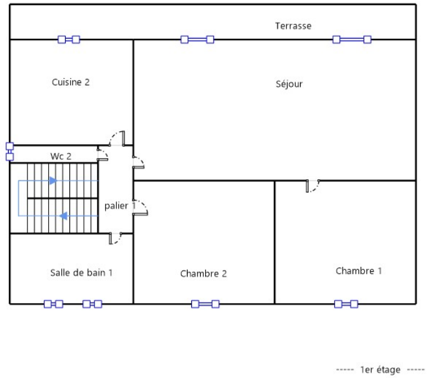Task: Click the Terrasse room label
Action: point(293,26)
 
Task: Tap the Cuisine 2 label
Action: point(71,82)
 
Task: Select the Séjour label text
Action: point(288,84)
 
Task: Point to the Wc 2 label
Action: point(61,156)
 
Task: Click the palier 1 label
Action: point(119,206)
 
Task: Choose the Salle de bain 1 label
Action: point(81,272)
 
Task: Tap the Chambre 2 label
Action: point(203,274)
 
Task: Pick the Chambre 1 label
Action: point(358,271)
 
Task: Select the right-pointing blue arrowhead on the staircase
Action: point(53,181)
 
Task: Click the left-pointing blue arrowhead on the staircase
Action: point(63,216)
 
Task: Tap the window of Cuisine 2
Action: point(69,39)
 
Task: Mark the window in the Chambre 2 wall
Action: point(205,304)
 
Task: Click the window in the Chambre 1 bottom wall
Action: point(346,304)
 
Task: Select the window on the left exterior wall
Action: point(9,152)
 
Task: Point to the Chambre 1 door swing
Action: point(313,186)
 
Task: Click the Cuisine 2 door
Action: point(118,139)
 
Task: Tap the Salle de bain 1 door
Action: point(114,238)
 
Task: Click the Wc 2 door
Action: point(103,155)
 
